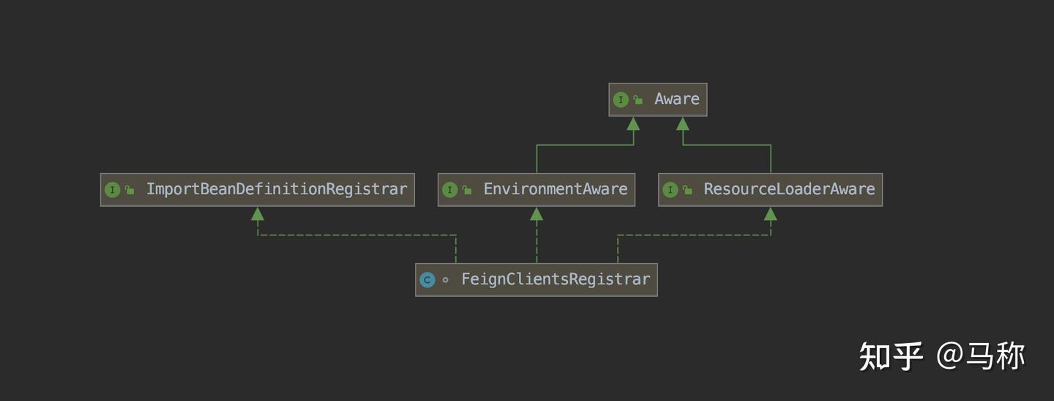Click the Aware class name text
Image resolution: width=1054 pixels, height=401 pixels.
point(676,99)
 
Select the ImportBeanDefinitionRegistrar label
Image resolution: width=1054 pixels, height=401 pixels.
point(277,189)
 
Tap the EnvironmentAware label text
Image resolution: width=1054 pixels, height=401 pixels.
point(556,189)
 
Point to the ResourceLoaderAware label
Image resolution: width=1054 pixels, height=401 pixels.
point(789,189)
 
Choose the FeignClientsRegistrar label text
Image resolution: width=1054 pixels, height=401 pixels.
point(556,279)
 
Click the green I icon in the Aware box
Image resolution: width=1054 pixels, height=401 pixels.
point(621,100)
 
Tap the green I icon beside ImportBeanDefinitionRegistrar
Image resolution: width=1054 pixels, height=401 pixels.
point(113,190)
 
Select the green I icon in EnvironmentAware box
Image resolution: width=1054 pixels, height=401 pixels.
point(450,190)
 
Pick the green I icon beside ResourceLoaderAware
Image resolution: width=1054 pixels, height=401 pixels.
point(670,190)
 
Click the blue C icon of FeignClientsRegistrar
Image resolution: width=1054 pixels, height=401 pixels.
point(427,280)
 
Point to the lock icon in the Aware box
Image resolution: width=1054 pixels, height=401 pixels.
point(638,100)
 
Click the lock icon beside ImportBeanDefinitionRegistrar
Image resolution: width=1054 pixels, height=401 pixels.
point(130,190)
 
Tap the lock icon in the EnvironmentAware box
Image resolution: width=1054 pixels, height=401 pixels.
point(467,190)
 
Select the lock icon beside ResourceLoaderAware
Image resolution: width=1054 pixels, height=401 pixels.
point(687,190)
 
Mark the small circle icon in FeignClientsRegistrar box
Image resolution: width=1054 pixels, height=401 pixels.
point(445,280)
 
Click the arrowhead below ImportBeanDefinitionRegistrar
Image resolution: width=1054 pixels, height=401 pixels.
point(258,214)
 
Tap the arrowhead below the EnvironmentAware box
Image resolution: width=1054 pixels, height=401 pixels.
point(537,214)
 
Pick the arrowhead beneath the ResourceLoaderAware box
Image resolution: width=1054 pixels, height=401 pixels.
point(770,214)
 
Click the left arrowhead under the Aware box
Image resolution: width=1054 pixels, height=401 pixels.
point(633,124)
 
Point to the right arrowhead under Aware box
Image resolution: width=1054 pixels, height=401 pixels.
point(683,124)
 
